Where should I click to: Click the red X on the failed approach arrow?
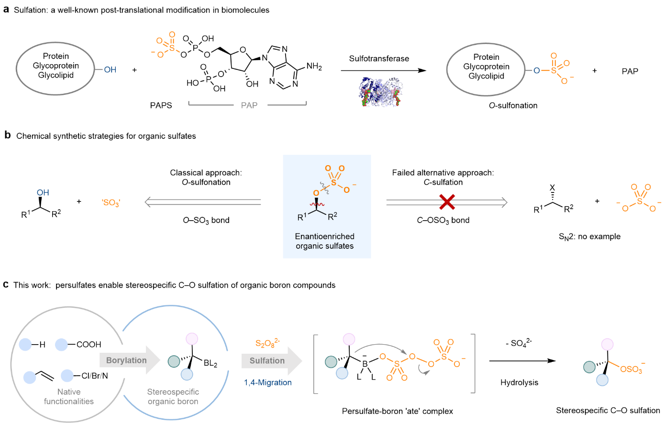coord(447,202)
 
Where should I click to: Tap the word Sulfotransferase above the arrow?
coord(379,59)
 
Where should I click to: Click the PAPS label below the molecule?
coord(161,105)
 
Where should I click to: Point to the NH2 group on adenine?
coord(314,67)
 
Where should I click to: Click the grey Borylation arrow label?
coord(126,360)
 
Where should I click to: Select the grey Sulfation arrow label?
coord(267,361)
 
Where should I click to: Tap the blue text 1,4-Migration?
coord(268,382)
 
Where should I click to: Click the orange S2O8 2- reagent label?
coord(267,343)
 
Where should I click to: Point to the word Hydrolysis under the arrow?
coord(519,382)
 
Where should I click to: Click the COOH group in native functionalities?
coord(89,345)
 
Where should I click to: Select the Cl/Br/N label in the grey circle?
coord(94,376)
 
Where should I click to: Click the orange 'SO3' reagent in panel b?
coord(111,203)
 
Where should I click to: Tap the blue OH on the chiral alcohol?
coord(43,192)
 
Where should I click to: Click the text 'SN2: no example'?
coord(589,237)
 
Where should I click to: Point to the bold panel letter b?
coord(7,135)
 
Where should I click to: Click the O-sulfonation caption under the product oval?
coord(513,105)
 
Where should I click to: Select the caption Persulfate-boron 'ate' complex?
coord(397,411)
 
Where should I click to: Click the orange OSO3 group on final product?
coord(632,369)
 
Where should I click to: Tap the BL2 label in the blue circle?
coord(210,364)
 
